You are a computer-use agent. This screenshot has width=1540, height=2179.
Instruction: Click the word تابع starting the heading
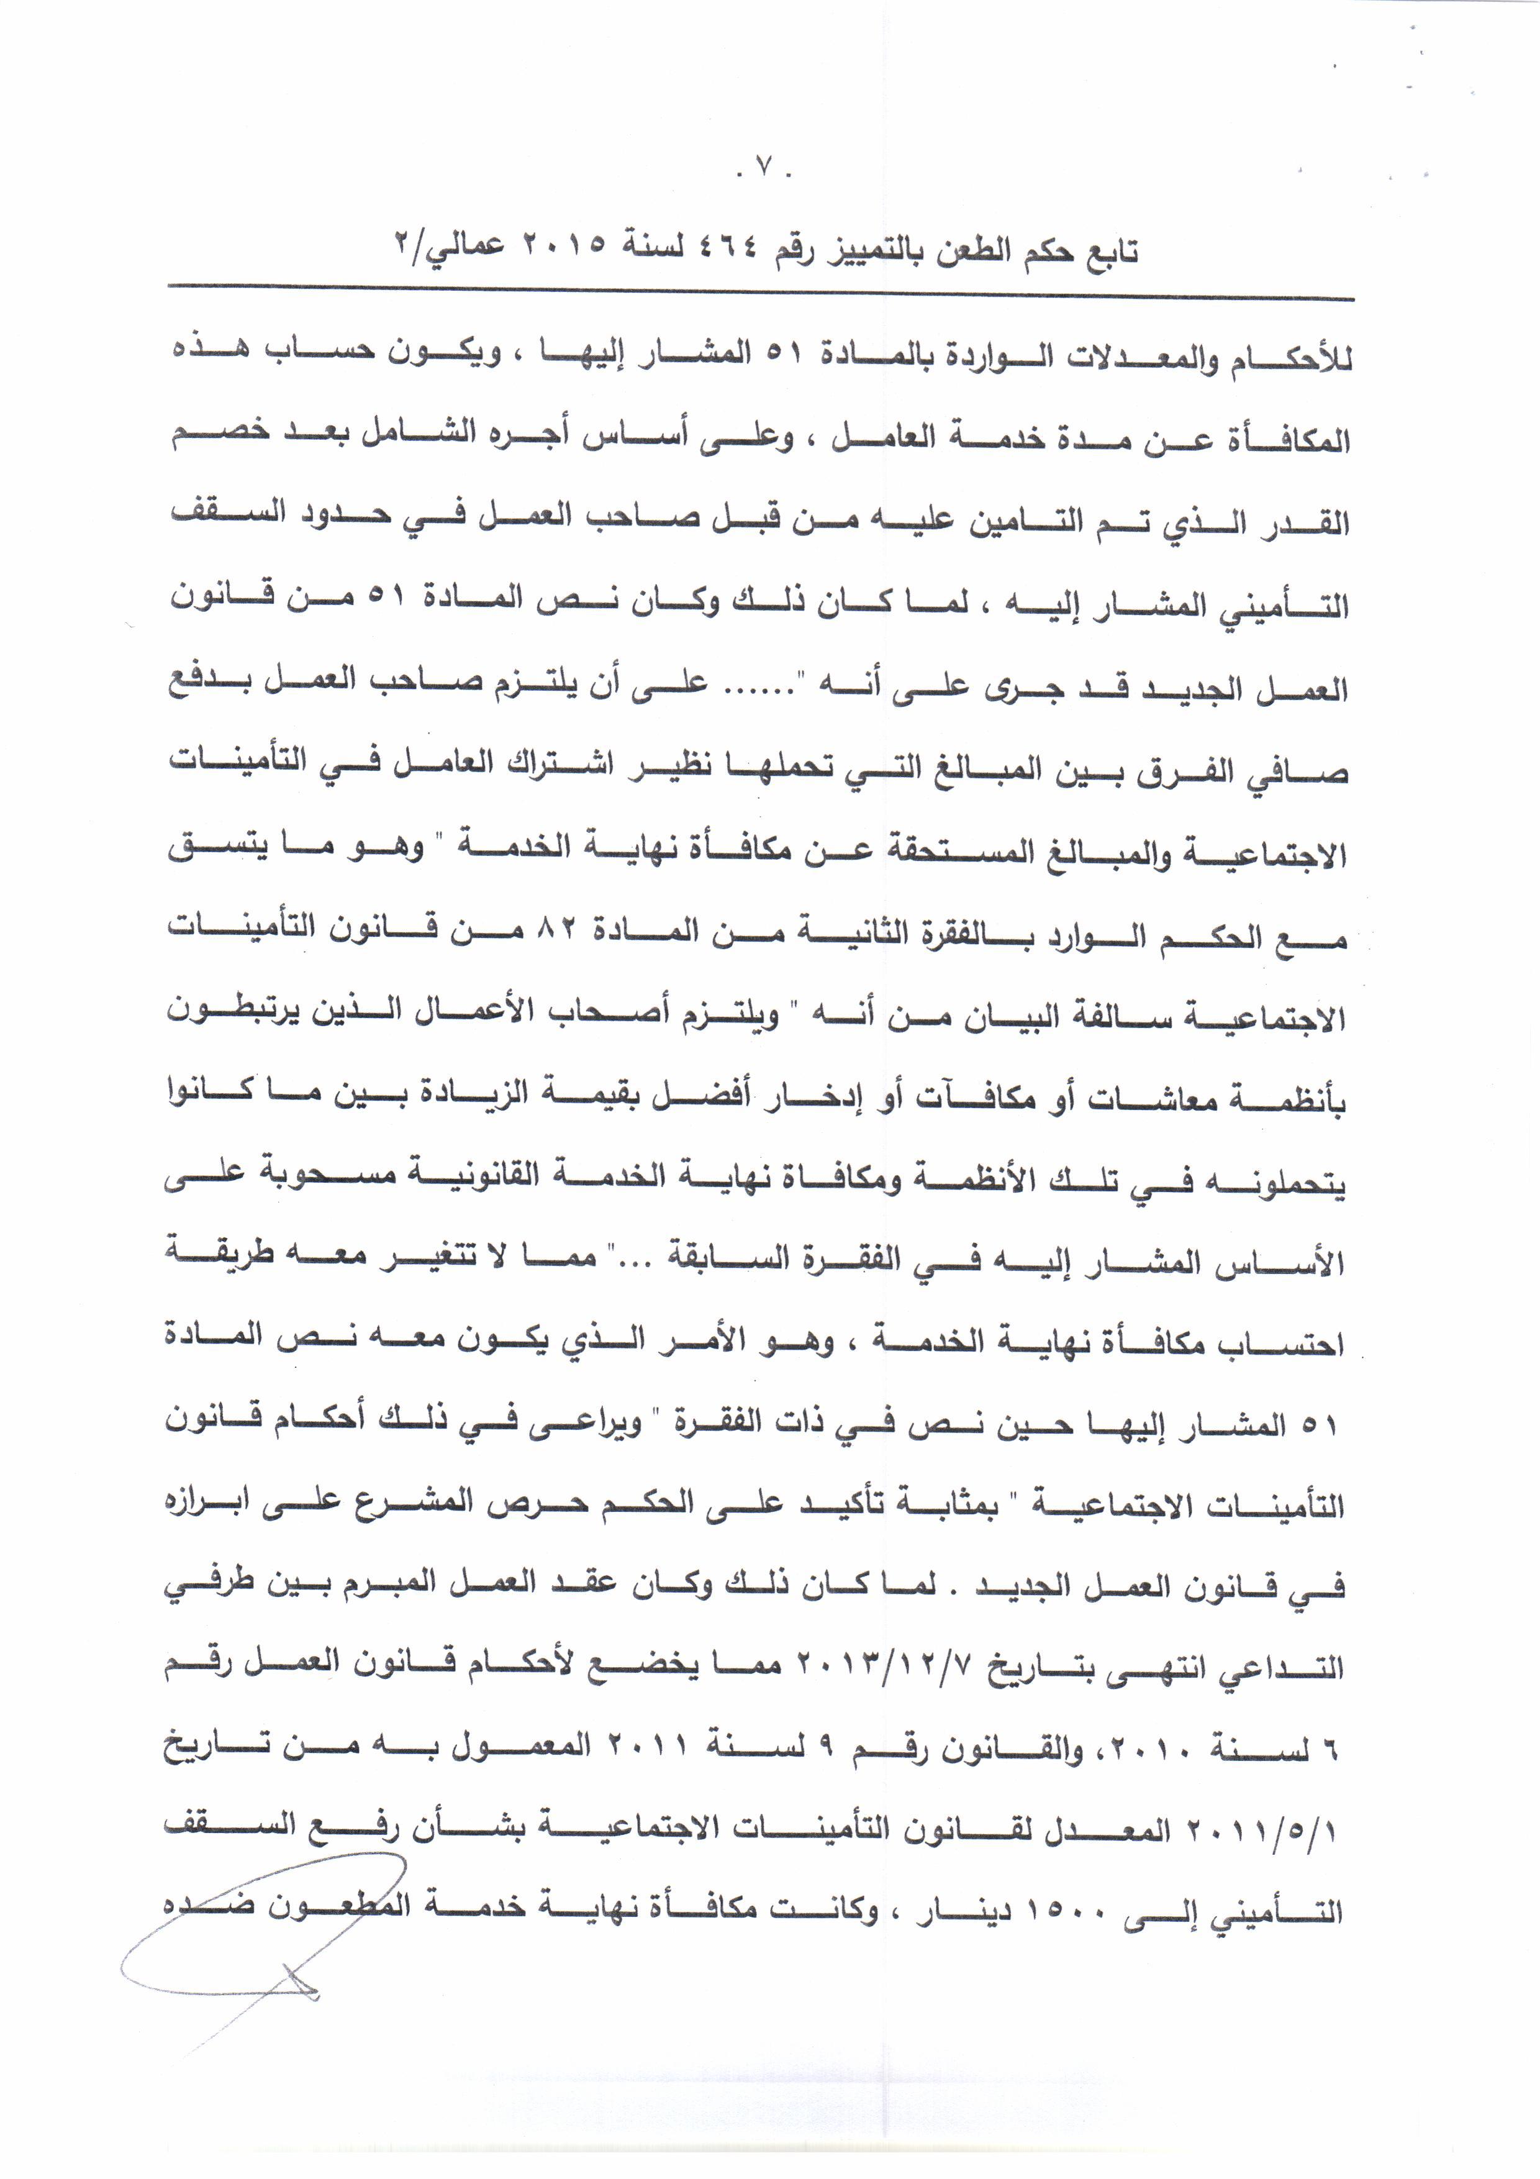(1105, 250)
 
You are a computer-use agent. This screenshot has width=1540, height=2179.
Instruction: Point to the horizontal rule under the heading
(759, 291)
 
